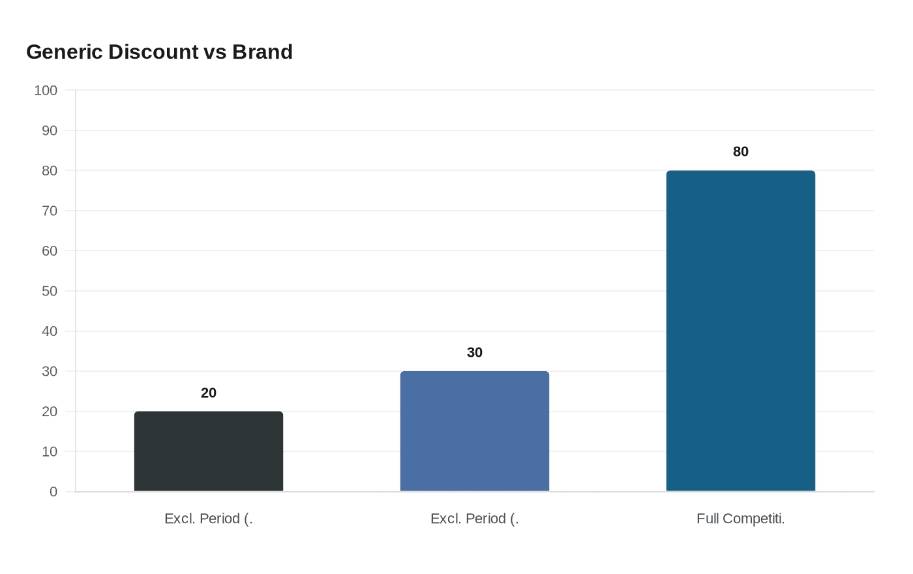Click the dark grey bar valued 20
click(x=209, y=451)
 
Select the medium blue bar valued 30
click(x=475, y=431)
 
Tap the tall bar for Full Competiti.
click(x=740, y=331)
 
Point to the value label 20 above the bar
click(x=209, y=393)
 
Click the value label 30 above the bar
click(x=475, y=353)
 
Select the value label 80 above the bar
click(x=740, y=152)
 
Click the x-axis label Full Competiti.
click(x=740, y=519)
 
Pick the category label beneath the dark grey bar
click(x=209, y=519)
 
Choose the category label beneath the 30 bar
click(x=475, y=519)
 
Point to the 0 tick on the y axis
click(x=53, y=492)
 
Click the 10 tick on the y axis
click(x=50, y=451)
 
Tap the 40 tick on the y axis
click(x=50, y=331)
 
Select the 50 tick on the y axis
click(x=50, y=291)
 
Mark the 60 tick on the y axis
click(x=50, y=251)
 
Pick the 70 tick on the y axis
click(x=50, y=211)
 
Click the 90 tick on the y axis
click(x=50, y=130)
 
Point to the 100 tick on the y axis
click(x=46, y=91)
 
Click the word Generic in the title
click(x=65, y=52)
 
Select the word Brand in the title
click(x=262, y=52)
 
